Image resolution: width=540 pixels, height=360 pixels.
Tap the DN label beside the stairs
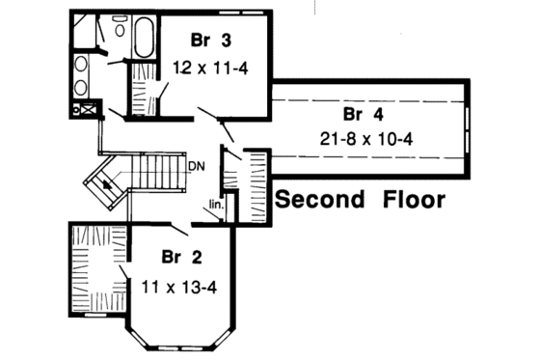tap(196, 165)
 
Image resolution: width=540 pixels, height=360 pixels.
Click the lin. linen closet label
tap(216, 204)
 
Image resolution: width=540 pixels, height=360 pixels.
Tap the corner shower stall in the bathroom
tap(84, 32)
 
